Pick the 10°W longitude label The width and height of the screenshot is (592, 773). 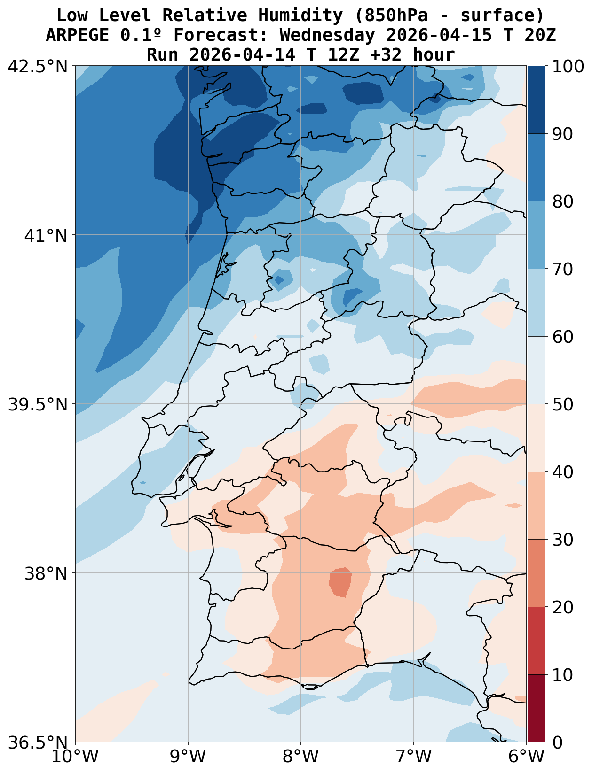pyautogui.click(x=75, y=757)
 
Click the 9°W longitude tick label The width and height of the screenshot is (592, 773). pyautogui.click(x=188, y=757)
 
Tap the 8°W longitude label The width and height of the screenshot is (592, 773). pyautogui.click(x=301, y=757)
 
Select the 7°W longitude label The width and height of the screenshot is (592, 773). pyautogui.click(x=414, y=757)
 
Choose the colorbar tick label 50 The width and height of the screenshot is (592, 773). pyautogui.click(x=562, y=404)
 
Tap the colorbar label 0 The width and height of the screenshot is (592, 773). pyautogui.click(x=557, y=742)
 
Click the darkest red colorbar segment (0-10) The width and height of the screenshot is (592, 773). pyautogui.click(x=536, y=708)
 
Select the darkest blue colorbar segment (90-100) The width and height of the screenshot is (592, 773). pyautogui.click(x=536, y=100)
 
